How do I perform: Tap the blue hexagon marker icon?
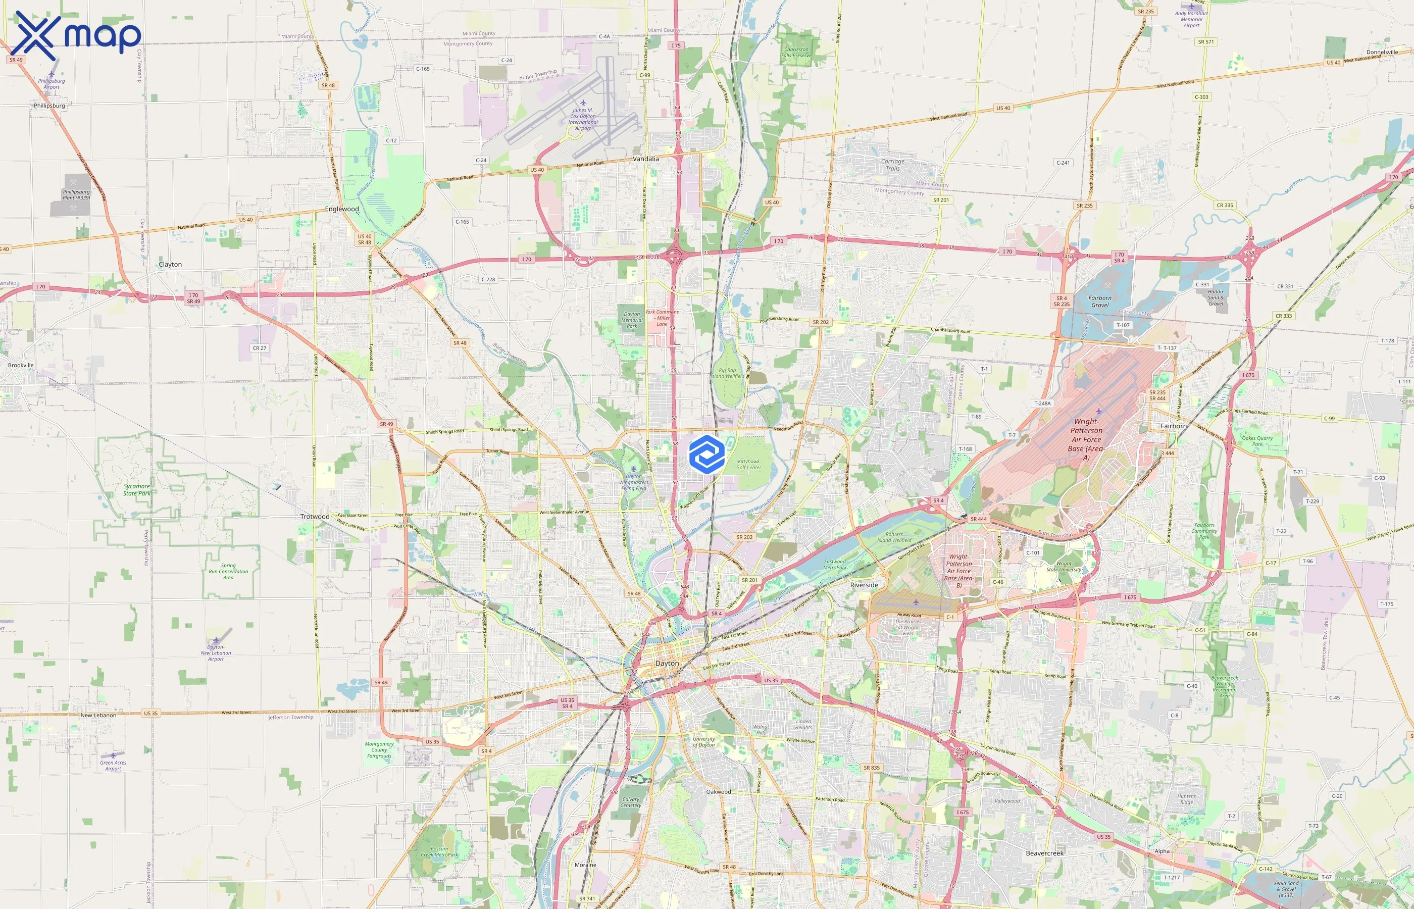pyautogui.click(x=706, y=454)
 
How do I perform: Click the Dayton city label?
pyautogui.click(x=667, y=664)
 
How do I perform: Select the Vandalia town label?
pyautogui.click(x=645, y=159)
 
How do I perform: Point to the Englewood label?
pyautogui.click(x=342, y=209)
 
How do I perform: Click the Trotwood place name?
pyautogui.click(x=315, y=517)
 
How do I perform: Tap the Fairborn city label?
pyautogui.click(x=1173, y=426)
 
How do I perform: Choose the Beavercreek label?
pyautogui.click(x=1044, y=853)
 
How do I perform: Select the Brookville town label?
pyautogui.click(x=21, y=366)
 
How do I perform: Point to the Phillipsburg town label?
pyautogui.click(x=49, y=106)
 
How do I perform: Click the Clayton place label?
pyautogui.click(x=170, y=265)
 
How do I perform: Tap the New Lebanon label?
pyautogui.click(x=98, y=716)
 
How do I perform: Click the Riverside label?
pyautogui.click(x=864, y=585)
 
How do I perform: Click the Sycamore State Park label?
pyautogui.click(x=136, y=490)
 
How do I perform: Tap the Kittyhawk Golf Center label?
pyautogui.click(x=748, y=465)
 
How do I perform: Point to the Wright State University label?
pyautogui.click(x=1064, y=567)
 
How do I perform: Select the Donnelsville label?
pyautogui.click(x=1382, y=52)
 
